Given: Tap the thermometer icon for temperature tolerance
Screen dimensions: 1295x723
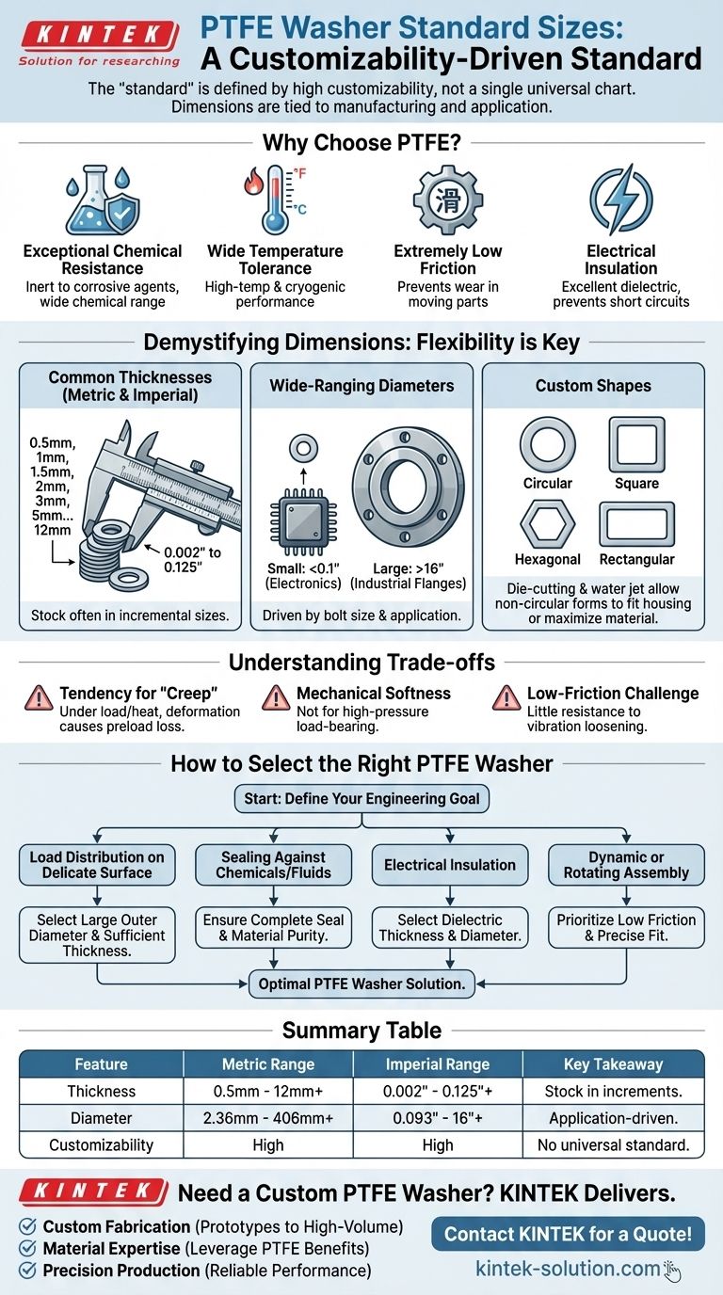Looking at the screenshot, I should click(x=275, y=200).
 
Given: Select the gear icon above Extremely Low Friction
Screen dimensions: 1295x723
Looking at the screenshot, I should click(x=448, y=200).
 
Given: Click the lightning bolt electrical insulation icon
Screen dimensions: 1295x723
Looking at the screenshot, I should click(x=620, y=200).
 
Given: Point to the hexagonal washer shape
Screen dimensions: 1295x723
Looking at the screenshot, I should click(x=547, y=524).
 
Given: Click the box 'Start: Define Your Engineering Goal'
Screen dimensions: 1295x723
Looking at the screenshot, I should click(x=361, y=798).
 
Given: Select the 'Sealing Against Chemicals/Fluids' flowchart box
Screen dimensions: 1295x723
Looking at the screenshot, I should click(x=273, y=865).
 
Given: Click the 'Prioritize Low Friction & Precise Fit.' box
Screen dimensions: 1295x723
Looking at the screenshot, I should click(x=626, y=927).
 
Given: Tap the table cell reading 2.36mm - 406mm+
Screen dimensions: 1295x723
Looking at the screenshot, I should click(x=268, y=1118).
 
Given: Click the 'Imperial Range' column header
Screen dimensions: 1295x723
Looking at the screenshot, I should click(x=438, y=1064).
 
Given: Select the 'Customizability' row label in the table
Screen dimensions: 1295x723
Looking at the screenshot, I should click(x=101, y=1145).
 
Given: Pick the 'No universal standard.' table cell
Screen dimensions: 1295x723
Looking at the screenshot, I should click(x=618, y=1145).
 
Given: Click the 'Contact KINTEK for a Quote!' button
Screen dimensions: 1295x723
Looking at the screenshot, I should click(x=568, y=1233).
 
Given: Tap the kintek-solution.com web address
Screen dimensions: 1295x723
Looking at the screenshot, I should click(x=568, y=1268).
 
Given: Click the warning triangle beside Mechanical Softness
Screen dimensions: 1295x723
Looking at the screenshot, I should click(x=275, y=697).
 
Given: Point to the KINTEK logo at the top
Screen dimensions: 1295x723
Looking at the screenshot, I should click(x=99, y=38).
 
